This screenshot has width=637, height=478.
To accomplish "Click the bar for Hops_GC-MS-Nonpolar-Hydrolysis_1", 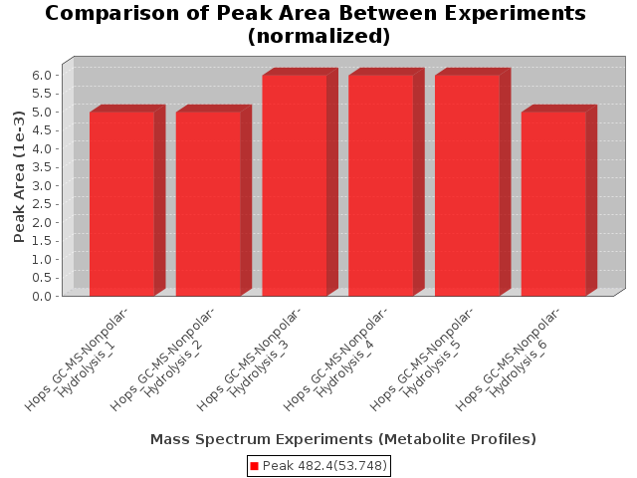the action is pos(122,203).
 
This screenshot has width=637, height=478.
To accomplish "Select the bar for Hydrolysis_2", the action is pos(208,203).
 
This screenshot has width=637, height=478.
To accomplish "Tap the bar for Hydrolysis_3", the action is pos(295,185).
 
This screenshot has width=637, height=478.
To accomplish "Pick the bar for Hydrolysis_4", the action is pos(381,185).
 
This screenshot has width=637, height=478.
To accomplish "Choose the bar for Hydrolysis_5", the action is pos(468,185).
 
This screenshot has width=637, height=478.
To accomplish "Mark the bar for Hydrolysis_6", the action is pos(553,203).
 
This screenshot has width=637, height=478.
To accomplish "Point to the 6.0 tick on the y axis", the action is pos(42,75).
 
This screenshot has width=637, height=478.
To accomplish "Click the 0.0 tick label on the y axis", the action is pos(42,296).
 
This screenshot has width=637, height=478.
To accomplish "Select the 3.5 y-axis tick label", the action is pos(42,167).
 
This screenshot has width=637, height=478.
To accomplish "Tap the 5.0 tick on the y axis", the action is pos(42,112).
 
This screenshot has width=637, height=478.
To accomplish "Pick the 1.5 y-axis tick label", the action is pos(42,241).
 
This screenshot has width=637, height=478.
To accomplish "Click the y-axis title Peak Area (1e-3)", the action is pos(19,177).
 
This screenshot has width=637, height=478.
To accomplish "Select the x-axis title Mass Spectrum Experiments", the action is pos(262,439).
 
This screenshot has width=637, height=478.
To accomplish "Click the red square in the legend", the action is pos(255,466).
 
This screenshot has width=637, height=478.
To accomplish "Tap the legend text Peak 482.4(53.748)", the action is pos(325,466).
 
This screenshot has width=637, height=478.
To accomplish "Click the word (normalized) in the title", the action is pos(318,36).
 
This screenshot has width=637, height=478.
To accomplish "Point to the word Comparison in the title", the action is pos(112,13).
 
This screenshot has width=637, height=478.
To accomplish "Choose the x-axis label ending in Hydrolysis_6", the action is pos(508,359).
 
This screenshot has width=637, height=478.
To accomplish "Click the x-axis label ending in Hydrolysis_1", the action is pos(77,359).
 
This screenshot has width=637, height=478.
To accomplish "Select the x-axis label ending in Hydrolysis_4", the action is pos(335,359).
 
